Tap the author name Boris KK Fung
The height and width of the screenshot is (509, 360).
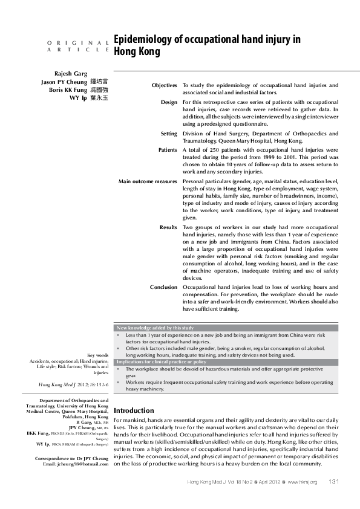tap(69, 89)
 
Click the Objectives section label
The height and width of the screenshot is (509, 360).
tap(164, 86)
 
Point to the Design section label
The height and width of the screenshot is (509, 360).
tap(169, 102)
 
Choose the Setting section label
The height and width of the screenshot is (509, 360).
tap(169, 133)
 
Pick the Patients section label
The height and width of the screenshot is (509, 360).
tap(168, 149)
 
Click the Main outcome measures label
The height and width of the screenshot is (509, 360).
tap(148, 180)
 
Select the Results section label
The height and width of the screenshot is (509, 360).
tap(168, 227)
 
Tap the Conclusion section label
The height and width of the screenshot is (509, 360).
tap(163, 287)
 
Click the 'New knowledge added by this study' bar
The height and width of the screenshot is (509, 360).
tap(155, 328)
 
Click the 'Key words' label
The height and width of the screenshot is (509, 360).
tap(98, 355)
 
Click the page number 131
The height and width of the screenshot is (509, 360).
tap(333, 481)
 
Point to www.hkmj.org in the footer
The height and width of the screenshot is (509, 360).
tap(302, 482)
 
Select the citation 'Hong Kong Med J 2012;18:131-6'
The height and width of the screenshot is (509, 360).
tap(73, 384)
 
